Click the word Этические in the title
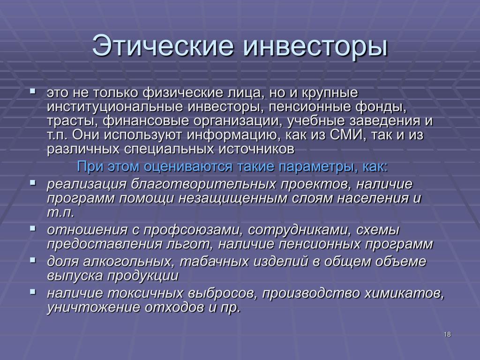[163, 45]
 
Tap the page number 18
[447, 334]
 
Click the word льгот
[190, 244]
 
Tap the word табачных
[214, 262]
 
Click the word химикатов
[404, 293]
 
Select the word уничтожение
[93, 307]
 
